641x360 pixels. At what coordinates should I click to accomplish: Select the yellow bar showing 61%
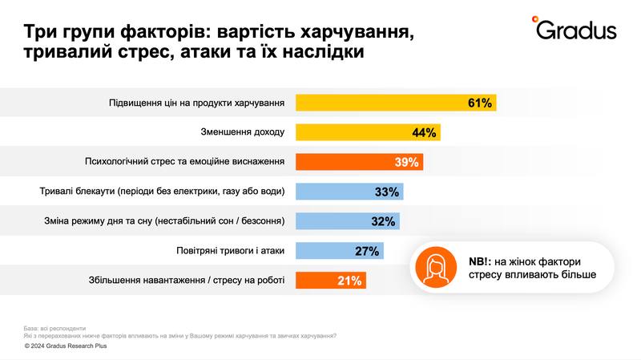[x=396, y=103]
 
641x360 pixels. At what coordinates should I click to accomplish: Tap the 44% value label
[x=423, y=132]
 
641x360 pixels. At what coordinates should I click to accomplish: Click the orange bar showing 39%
[x=359, y=162]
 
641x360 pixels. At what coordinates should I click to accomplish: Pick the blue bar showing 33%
[x=349, y=192]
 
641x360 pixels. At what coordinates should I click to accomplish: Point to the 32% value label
[x=384, y=221]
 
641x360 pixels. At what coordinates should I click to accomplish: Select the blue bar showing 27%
[x=340, y=251]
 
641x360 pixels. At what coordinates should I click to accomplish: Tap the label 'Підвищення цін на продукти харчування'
[x=197, y=103]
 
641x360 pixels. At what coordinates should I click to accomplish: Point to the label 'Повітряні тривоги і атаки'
[x=231, y=251]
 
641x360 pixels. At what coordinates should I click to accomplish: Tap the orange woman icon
[x=435, y=268]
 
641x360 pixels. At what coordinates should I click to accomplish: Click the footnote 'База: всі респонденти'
[x=54, y=328]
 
